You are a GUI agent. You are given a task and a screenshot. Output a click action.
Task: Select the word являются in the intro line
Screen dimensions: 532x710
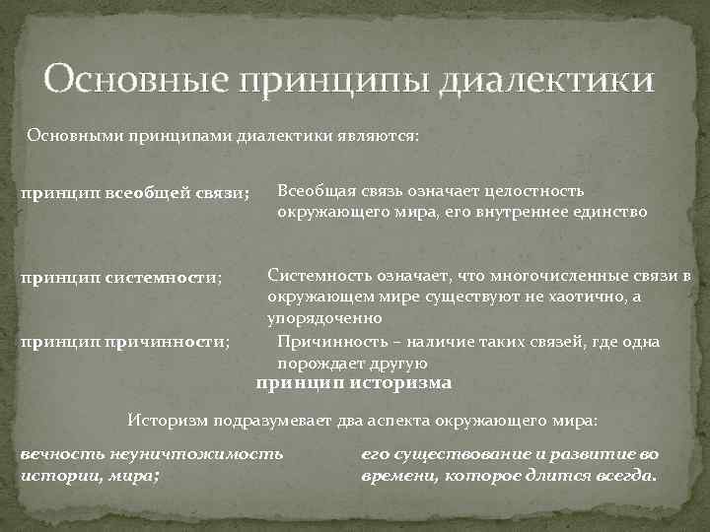click(x=379, y=136)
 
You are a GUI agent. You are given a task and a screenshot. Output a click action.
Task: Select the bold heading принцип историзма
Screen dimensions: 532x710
click(x=354, y=383)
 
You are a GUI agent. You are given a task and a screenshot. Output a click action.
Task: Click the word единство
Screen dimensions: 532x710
click(x=608, y=211)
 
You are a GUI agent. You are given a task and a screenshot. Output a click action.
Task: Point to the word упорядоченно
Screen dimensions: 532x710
click(x=324, y=319)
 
